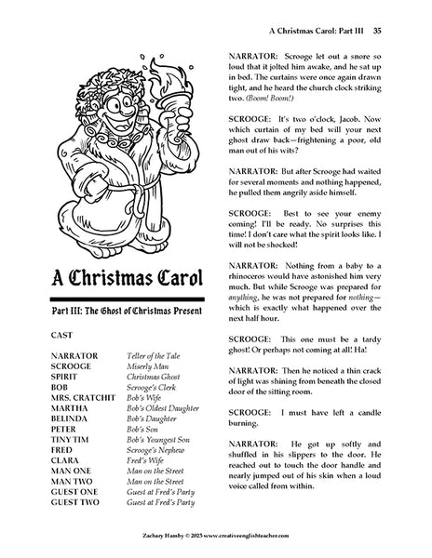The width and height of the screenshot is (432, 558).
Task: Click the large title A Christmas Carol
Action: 123,277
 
